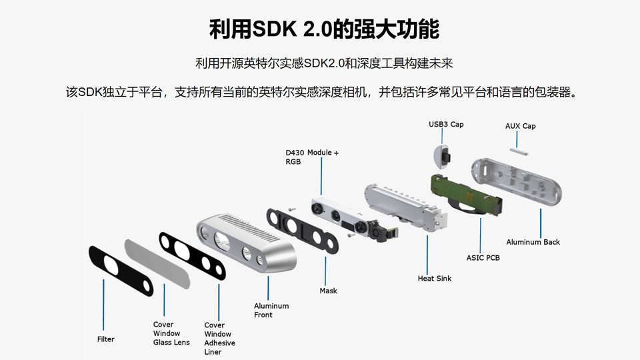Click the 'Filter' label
coord(106,339)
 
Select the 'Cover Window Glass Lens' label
coord(171,333)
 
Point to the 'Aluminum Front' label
coord(271,310)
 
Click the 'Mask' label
coord(328,291)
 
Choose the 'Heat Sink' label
coord(434,278)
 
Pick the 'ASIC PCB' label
coord(483,257)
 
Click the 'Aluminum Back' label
coord(533,242)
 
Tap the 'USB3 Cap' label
coord(445,125)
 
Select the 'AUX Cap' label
coord(520,126)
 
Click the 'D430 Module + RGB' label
coord(312,157)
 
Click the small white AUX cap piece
coord(519,151)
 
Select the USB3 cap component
coord(444,155)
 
